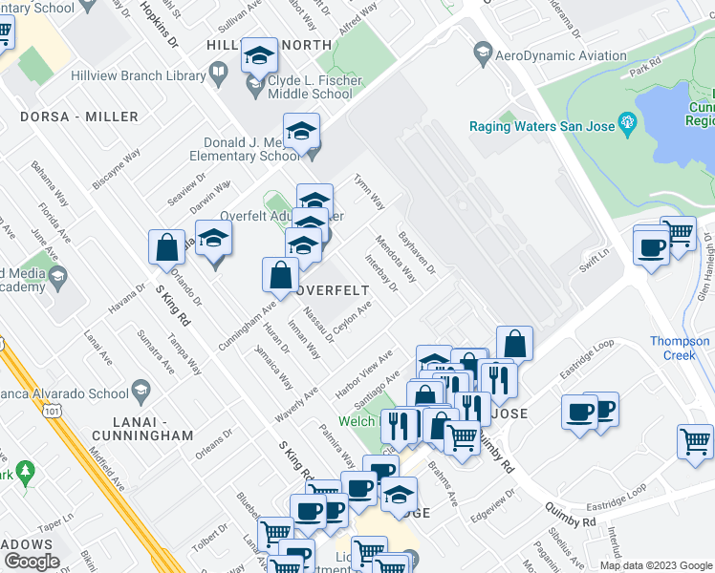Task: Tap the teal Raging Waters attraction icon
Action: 628,122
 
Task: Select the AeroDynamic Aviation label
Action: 563,55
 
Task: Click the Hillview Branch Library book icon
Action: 218,73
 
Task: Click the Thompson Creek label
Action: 680,349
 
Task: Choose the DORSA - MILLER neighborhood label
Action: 79,117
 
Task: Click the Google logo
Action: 32,562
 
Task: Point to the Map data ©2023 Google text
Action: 655,565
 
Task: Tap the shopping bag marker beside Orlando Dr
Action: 166,248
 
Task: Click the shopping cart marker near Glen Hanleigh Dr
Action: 678,234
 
